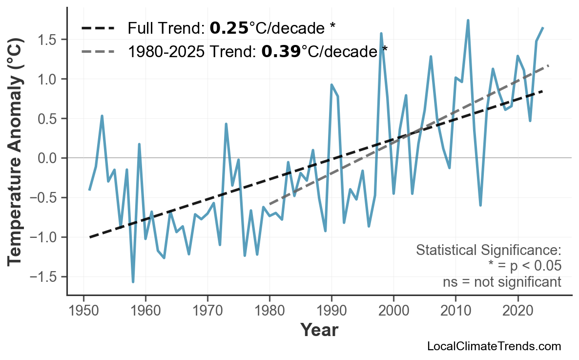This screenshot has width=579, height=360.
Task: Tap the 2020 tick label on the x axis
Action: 517,311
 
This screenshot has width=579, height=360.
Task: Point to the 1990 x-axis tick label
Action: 331,311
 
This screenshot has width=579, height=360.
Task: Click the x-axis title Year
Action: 319,330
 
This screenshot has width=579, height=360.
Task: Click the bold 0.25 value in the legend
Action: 229,28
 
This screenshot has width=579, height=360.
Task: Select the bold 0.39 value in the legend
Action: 281,51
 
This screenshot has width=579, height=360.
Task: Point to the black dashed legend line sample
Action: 98,28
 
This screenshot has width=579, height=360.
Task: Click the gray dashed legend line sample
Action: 98,51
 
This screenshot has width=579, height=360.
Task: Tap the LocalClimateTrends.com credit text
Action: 494,346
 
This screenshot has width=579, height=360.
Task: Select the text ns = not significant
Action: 501,282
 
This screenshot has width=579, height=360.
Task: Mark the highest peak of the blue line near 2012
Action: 468,21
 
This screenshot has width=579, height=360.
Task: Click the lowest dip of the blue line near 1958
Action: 133,282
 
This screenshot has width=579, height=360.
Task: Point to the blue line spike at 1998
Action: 381,34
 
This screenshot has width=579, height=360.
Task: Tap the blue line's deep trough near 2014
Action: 480,205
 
